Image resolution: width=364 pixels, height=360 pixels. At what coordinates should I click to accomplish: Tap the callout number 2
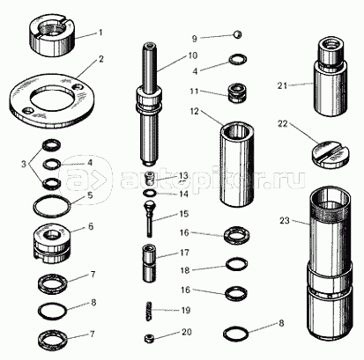click(100, 59)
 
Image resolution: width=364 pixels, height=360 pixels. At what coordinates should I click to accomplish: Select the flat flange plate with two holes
click(52, 100)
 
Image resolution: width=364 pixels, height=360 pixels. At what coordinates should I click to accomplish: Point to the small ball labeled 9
click(238, 34)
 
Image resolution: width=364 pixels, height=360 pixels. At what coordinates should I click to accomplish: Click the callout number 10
click(193, 55)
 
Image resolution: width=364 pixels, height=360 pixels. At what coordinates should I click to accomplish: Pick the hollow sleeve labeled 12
click(237, 165)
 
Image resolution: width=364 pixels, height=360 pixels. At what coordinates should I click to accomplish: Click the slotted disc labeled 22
click(330, 155)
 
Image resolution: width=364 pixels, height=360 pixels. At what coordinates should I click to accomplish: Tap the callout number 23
click(285, 220)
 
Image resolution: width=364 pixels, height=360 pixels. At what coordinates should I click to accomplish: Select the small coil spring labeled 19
click(151, 311)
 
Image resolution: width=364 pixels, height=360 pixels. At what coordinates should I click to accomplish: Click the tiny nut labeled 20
click(150, 339)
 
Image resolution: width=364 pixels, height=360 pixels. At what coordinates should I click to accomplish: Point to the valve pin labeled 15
click(150, 218)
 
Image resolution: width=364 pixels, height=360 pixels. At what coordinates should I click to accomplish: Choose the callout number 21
click(282, 85)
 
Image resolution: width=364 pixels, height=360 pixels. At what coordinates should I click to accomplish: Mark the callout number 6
click(91, 226)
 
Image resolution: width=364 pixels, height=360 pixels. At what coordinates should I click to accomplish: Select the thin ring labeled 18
click(236, 263)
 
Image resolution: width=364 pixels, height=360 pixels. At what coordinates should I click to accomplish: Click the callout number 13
click(183, 176)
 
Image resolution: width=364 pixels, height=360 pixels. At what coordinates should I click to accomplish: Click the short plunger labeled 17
click(150, 263)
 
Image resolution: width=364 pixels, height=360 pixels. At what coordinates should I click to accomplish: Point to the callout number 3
click(24, 164)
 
